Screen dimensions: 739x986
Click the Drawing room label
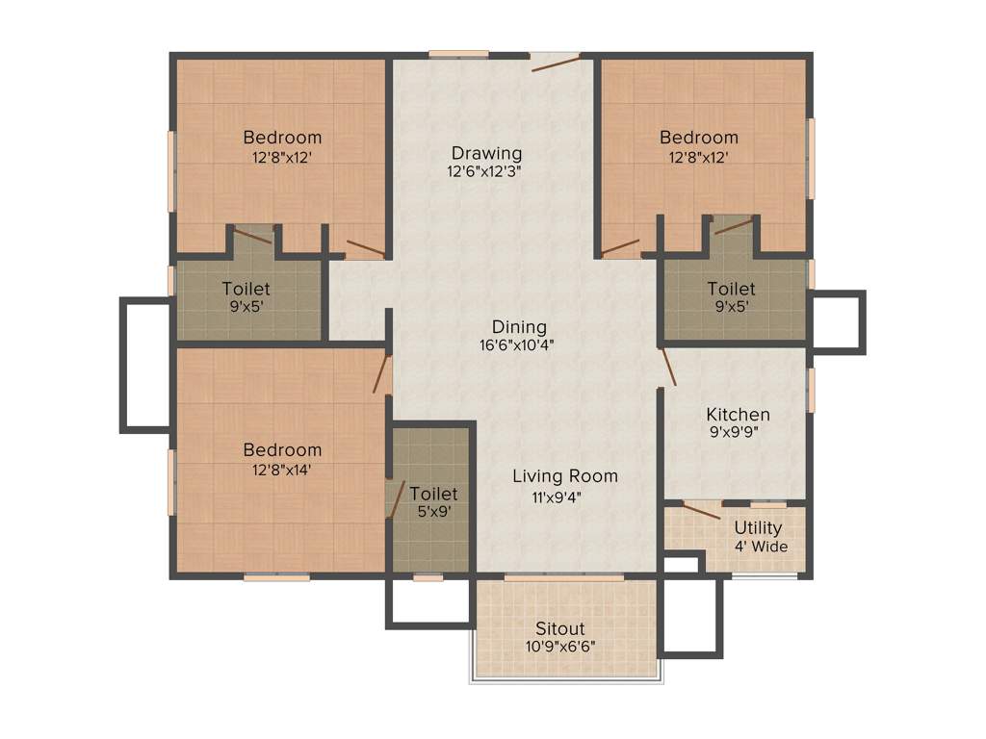pos(487,153)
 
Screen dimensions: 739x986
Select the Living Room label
pos(565,476)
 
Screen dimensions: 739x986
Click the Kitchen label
pos(738,415)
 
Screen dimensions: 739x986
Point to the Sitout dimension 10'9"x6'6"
pos(560,647)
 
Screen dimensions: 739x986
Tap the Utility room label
pos(758,528)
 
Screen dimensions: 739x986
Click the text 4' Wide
pos(761,547)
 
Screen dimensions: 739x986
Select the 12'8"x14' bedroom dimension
pos(282,470)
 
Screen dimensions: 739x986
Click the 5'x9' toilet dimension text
pos(432,512)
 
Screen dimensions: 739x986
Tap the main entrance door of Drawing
pos(556,64)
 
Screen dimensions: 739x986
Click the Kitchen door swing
pos(668,368)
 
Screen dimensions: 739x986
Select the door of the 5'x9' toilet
pos(394,497)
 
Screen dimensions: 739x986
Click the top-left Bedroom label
pos(282,137)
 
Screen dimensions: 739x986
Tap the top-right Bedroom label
pos(698,137)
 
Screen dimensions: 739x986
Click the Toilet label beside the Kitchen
pos(731,289)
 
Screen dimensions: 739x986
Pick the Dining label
pos(519,327)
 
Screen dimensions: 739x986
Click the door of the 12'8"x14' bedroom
pos(382,374)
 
